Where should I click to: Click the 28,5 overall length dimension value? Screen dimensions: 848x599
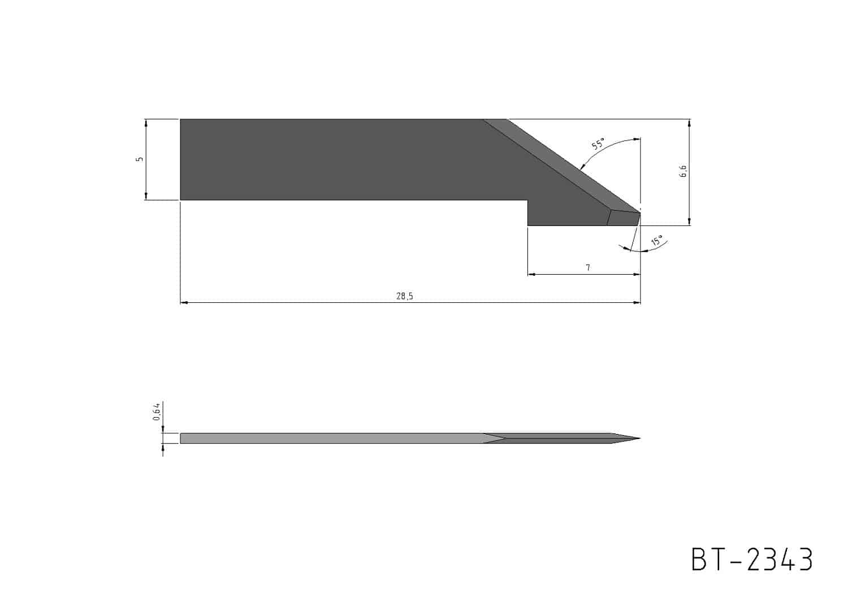(x=405, y=296)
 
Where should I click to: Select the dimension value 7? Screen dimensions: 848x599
(x=588, y=268)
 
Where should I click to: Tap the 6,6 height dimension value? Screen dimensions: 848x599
(x=683, y=171)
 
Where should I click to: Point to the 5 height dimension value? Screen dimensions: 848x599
(x=140, y=159)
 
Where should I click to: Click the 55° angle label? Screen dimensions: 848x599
(x=598, y=144)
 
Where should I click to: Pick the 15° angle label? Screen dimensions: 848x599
(x=657, y=241)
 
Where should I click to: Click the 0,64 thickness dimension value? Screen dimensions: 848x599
(x=157, y=411)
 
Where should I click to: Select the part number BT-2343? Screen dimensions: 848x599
(x=752, y=559)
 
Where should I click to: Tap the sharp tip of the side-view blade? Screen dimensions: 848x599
(x=640, y=214)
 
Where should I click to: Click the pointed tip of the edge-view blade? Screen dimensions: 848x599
(x=640, y=439)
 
